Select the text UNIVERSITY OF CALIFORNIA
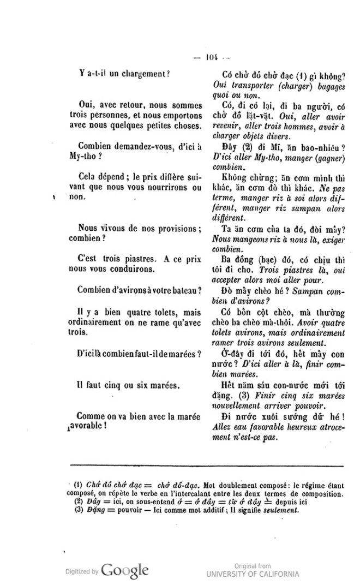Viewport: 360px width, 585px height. pyautogui.click(x=253, y=574)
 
